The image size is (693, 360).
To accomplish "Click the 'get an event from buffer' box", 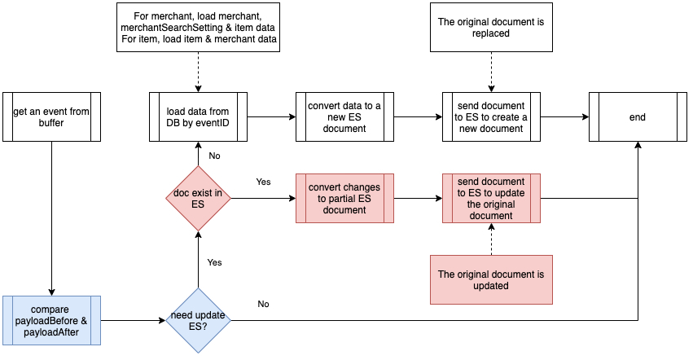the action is pos(51,116).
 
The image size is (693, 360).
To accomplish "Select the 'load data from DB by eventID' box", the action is pos(198,116).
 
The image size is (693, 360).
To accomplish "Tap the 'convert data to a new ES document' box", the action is pos(344,116).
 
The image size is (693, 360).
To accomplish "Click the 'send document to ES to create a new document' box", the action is pos(491,116).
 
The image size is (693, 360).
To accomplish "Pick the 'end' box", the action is pos(638,116).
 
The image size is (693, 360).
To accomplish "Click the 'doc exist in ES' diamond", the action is pos(198,198).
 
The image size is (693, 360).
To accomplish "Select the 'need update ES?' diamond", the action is pos(198,321).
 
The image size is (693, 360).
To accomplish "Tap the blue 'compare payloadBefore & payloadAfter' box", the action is pos(51,321).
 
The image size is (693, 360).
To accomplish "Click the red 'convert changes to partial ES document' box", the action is pos(344,198).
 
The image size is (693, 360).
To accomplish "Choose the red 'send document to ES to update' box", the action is pos(491,198).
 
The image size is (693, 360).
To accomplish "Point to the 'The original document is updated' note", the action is pos(491,279).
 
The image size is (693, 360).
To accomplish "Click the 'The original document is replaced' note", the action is pos(491,28).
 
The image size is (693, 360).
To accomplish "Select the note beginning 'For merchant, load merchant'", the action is pos(198,28).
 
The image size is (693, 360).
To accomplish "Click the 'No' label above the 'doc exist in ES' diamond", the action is pos(214,156).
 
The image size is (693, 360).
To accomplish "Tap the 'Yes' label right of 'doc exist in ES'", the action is pos(263,182).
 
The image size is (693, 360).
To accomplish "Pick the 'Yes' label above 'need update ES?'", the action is pos(214,262).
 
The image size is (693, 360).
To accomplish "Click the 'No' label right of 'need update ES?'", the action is pos(263,304).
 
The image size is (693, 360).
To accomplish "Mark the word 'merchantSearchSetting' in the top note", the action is pos(172,28).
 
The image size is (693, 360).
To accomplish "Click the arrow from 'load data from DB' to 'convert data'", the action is pos(271,116).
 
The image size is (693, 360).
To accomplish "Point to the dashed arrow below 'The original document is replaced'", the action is pos(491,72).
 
